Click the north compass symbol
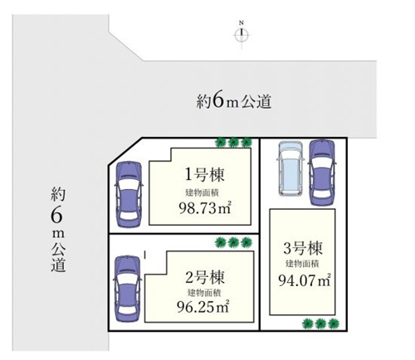[242, 35]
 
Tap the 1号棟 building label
[204, 174]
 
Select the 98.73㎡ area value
[205, 208]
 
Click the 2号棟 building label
[204, 277]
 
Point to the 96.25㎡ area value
[203, 306]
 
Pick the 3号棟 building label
[303, 248]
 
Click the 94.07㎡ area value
[305, 280]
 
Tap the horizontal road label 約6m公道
[234, 100]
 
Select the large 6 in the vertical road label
[57, 215]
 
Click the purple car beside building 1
[129, 194]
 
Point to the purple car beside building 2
[127, 289]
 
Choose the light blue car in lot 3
[290, 168]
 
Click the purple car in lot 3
[322, 173]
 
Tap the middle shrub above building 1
[233, 143]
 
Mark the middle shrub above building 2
[233, 242]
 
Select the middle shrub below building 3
[320, 324]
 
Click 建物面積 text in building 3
[302, 264]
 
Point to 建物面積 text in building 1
[203, 192]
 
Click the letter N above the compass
[242, 22]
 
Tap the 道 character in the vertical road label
[58, 265]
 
